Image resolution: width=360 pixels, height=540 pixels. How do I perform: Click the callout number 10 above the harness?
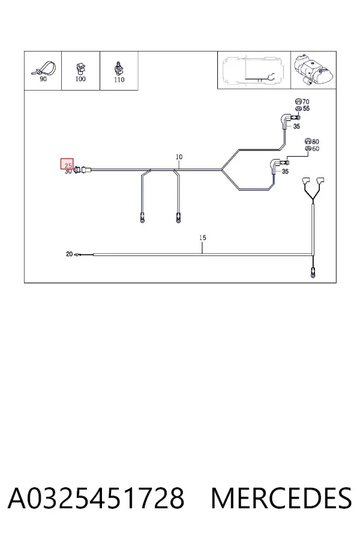pos(179,157)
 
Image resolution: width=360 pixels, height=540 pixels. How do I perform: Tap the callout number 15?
pos(203,238)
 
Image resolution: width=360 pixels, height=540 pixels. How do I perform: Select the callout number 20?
pos(69,254)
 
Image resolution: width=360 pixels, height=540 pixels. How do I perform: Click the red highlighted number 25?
pos(68,166)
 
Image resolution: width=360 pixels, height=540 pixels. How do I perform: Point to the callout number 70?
pos(305,101)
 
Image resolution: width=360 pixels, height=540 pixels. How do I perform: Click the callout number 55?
pos(306,109)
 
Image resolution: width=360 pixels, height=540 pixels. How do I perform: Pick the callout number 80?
pos(315,142)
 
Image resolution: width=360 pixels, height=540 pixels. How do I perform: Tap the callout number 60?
pos(316,149)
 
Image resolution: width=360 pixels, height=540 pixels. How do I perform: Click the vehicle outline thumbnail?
pos(254,70)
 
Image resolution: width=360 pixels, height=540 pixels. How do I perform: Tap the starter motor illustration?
pos(313,70)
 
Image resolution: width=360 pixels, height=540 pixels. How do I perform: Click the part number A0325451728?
pos(96,498)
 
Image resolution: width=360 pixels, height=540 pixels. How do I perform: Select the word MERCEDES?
pos(281,498)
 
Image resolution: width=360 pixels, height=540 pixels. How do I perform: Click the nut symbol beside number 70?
pos(298,101)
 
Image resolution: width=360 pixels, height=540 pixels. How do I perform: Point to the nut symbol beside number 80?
pos(308,141)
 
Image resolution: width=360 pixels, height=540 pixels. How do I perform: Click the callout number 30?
pos(68,171)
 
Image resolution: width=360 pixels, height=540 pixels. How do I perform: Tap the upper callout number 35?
pos(296,127)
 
